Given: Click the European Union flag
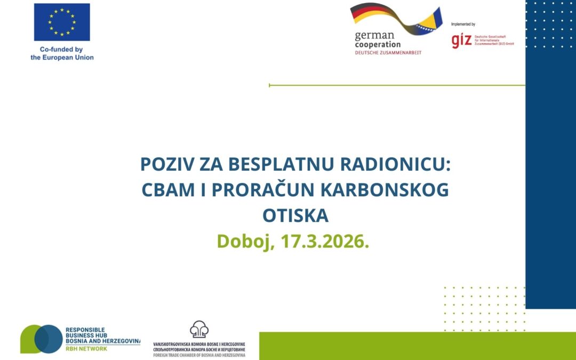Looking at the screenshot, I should pyautogui.click(x=62, y=22).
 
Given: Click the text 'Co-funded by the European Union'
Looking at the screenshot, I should pyautogui.click(x=62, y=53).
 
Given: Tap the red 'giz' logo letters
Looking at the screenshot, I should pyautogui.click(x=461, y=41).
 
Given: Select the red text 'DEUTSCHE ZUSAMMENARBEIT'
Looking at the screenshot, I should pyautogui.click(x=388, y=52).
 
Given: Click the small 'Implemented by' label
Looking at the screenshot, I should pyautogui.click(x=463, y=25).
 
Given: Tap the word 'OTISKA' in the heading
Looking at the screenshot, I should pyautogui.click(x=295, y=216).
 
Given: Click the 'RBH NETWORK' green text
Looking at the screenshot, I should pyautogui.click(x=86, y=348).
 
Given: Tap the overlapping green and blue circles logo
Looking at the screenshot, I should pyautogui.click(x=41, y=339).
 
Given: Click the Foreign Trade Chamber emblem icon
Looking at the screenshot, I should pyautogui.click(x=199, y=330).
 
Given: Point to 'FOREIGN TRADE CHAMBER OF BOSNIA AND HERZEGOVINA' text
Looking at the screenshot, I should pyautogui.click(x=199, y=355).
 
